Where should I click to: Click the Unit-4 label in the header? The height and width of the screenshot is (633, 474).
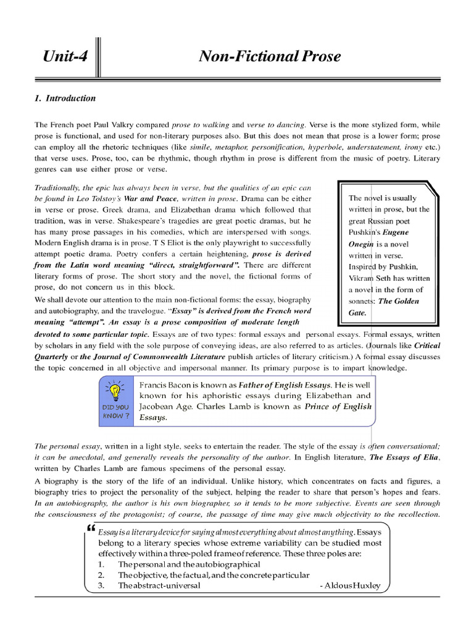tap(65, 57)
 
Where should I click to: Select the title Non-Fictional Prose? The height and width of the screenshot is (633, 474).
tap(269, 57)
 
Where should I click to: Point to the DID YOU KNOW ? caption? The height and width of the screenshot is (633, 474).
tap(115, 412)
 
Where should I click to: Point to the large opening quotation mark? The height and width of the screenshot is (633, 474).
tap(92, 530)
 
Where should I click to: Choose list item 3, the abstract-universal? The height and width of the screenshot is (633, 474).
tap(159, 586)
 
